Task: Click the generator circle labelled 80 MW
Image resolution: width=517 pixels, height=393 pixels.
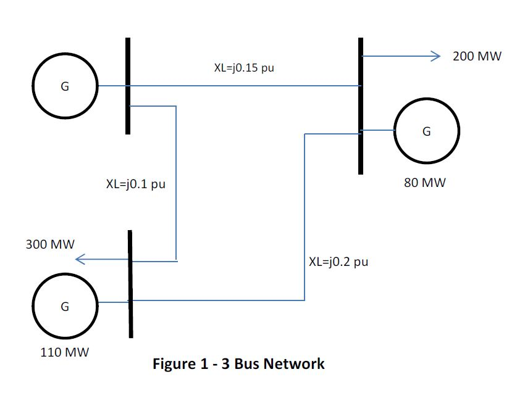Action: click(x=427, y=131)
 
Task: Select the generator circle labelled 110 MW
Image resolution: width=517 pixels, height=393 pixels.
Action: click(x=65, y=306)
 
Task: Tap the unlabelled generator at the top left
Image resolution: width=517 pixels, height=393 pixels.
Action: click(x=65, y=87)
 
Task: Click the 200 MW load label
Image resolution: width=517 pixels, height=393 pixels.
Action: click(x=473, y=56)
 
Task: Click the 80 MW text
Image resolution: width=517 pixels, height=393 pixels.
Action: click(x=425, y=183)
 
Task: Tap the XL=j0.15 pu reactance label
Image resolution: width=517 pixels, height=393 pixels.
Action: click(x=244, y=68)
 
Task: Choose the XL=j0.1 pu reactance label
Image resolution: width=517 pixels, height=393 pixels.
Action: click(x=136, y=184)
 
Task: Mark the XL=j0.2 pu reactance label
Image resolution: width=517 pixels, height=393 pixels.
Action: click(x=338, y=262)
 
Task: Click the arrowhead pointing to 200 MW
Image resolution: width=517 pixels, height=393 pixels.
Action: click(x=434, y=57)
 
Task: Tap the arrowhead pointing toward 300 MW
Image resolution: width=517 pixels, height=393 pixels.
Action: click(x=80, y=260)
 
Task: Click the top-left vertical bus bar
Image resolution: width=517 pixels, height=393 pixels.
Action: click(x=128, y=86)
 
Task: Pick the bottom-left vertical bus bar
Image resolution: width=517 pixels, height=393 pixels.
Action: click(x=130, y=284)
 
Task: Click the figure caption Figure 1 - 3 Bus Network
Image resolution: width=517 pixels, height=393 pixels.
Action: click(x=238, y=363)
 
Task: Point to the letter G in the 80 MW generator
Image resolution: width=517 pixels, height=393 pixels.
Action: click(x=426, y=131)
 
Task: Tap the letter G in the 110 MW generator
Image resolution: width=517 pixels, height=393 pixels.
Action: click(x=65, y=307)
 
